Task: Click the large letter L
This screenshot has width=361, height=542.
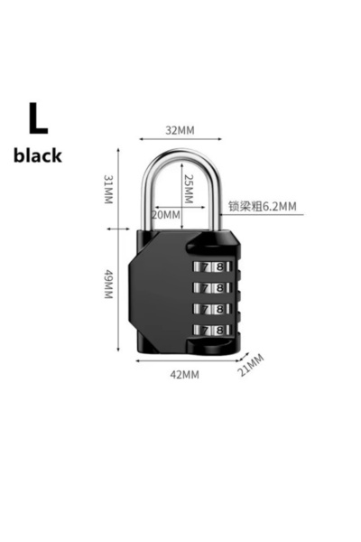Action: (38, 118)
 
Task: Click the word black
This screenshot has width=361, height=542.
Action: (38, 155)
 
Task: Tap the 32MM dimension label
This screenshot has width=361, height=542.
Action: (180, 130)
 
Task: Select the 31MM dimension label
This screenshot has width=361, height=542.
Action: (109, 189)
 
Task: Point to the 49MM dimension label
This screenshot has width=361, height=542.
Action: (109, 285)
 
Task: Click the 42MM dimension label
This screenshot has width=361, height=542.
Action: (184, 375)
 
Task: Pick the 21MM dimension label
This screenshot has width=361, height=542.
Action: (251, 366)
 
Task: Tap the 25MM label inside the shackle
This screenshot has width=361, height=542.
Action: (189, 189)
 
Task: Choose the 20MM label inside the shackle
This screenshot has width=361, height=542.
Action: (166, 215)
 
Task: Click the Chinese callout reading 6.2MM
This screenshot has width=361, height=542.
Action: (263, 206)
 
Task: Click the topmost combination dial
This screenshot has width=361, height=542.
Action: (212, 267)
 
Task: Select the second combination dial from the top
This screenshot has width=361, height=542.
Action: (212, 288)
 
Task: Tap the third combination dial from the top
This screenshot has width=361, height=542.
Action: (212, 309)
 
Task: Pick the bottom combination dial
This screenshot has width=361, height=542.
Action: (212, 330)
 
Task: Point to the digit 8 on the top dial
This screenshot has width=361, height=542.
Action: (219, 267)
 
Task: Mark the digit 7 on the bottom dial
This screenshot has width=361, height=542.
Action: (205, 331)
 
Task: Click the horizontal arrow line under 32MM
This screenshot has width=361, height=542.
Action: (180, 139)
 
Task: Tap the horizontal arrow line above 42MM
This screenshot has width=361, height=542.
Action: (188, 360)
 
